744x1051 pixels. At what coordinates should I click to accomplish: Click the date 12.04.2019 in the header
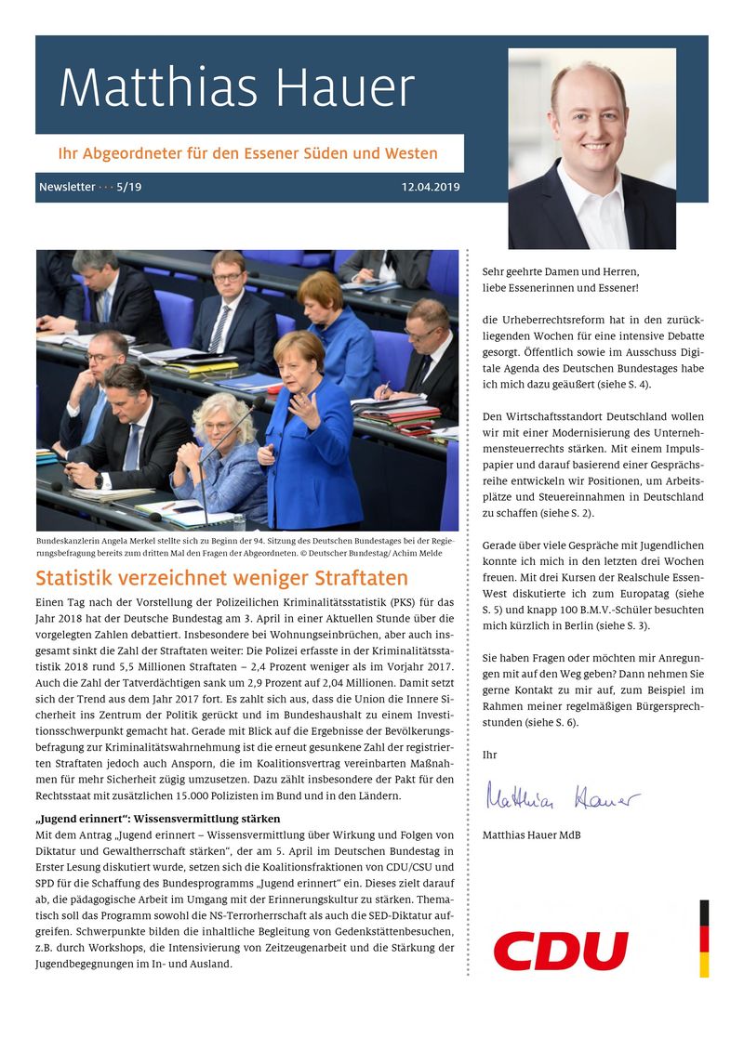431,187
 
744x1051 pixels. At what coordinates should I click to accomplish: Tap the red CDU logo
561,951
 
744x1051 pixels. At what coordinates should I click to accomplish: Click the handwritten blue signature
562,796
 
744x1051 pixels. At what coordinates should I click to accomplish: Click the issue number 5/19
129,187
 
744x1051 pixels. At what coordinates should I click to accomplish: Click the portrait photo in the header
591,149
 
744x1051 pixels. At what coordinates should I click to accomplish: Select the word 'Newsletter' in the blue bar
67,187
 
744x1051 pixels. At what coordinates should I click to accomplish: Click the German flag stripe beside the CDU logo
704,938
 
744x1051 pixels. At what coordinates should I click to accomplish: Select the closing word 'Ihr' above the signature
489,755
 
